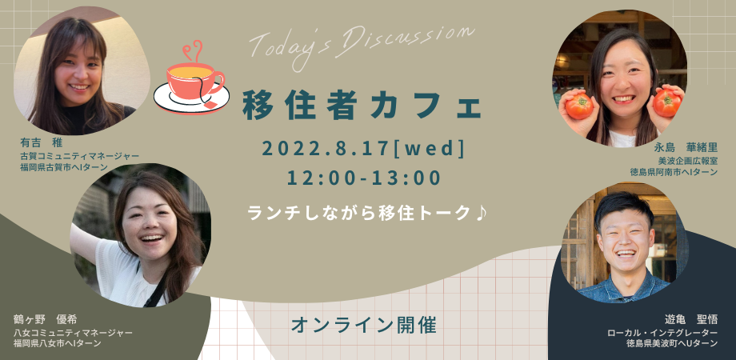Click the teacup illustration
pos(195,78)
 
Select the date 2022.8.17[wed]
pos(363,148)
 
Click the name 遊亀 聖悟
pos(689,318)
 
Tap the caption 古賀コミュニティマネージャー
pos(79,156)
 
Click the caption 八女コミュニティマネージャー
pos(73,332)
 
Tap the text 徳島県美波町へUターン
pos(671,343)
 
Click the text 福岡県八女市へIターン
pos(57,343)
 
